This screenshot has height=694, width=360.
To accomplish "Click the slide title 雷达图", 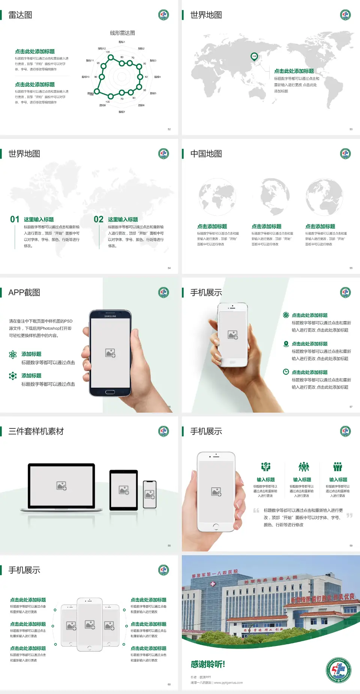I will pyautogui.click(x=20, y=15).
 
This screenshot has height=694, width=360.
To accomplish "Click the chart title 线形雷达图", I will pyautogui.click(x=122, y=33).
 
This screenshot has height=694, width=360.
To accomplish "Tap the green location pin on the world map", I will pyautogui.click(x=254, y=57).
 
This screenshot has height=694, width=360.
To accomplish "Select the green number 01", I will pyautogui.click(x=15, y=219).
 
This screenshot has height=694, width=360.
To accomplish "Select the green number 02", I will pyautogui.click(x=99, y=219).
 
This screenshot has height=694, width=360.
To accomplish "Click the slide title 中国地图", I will pyautogui.click(x=206, y=154).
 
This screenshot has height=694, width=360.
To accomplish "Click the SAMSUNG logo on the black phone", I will pyautogui.click(x=110, y=316).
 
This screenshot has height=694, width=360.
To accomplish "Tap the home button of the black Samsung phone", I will pyautogui.click(x=110, y=392).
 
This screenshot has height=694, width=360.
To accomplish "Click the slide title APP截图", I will pyautogui.click(x=24, y=293).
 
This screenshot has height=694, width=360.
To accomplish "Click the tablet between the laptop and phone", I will pyautogui.click(x=124, y=490).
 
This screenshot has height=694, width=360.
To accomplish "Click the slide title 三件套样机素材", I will pyautogui.click(x=36, y=431).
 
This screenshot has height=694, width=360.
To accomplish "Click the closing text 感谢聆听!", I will pyautogui.click(x=208, y=664).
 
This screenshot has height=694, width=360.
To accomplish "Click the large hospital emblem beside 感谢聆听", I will pyautogui.click(x=338, y=670).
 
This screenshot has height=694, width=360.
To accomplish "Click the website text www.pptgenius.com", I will pyautogui.click(x=228, y=683).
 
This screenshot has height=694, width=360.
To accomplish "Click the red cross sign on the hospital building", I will pyautogui.click(x=213, y=584).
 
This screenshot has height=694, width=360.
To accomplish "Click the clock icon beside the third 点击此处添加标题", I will pyautogui.click(x=286, y=372).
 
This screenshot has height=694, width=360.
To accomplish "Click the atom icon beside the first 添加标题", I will pyautogui.click(x=13, y=355).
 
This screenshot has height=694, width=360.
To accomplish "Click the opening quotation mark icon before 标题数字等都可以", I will pyautogui.click(x=256, y=511).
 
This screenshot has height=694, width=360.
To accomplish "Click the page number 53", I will pyautogui.click(x=351, y=129).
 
